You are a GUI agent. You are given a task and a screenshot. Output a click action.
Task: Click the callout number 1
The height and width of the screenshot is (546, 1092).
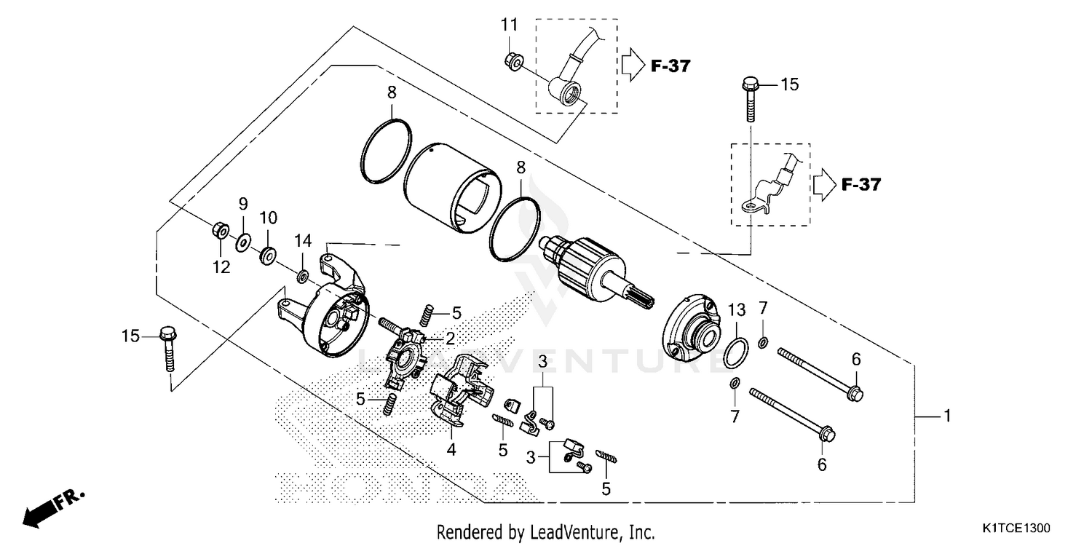tap(946, 416)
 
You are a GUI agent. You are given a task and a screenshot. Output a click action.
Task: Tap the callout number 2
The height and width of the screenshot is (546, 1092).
tap(450, 339)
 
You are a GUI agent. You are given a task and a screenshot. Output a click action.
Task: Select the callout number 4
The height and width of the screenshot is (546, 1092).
tap(451, 450)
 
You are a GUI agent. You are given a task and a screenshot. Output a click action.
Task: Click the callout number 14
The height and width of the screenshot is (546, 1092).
tap(303, 240)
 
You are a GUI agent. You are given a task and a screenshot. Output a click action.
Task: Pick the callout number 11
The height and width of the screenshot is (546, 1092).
tap(509, 25)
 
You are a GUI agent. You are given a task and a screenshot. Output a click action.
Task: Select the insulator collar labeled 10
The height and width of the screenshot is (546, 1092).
tap(268, 255)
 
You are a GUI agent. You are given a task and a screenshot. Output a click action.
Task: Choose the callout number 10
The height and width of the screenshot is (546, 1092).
tap(269, 217)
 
